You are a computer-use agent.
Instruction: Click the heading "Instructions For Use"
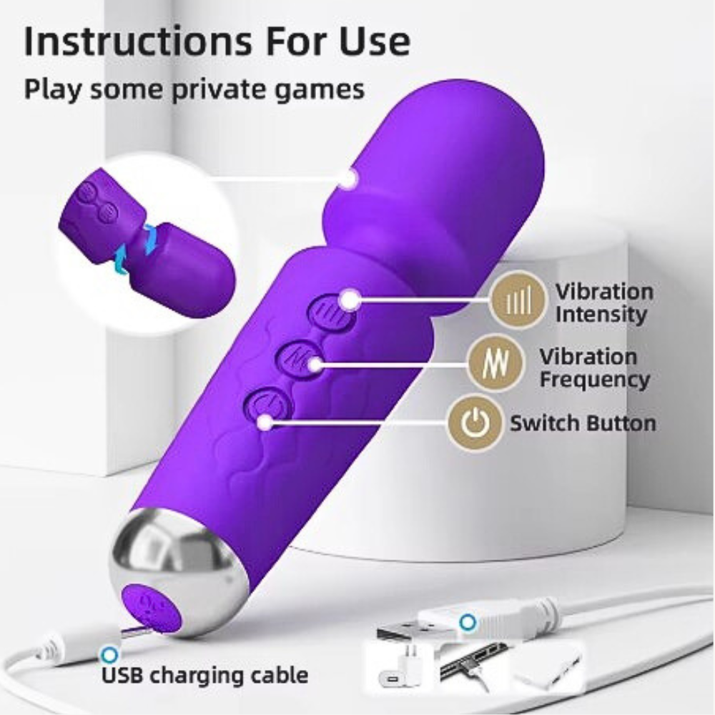coord(217,42)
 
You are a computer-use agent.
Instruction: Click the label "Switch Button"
coord(582,423)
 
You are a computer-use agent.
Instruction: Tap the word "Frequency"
coord(594,379)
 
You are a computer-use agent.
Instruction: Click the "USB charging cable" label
coord(205,674)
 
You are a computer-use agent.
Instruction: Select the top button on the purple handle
coord(332,311)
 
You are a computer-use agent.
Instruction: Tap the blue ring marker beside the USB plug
coord(468,622)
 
